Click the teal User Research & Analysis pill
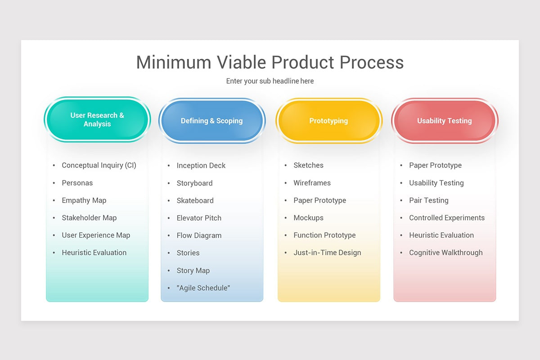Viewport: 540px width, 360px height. [x=97, y=120]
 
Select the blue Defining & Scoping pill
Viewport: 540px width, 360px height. [x=211, y=121]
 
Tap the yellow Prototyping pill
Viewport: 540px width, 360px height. [x=328, y=121]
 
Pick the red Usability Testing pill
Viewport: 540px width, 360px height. [x=444, y=121]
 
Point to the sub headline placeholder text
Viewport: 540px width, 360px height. [x=270, y=81]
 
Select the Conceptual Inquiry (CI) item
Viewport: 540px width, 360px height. [x=99, y=165]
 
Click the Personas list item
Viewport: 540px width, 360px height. [x=77, y=183]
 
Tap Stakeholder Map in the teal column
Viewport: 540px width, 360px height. [x=89, y=218]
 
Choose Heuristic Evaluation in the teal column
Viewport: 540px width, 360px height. [x=94, y=252]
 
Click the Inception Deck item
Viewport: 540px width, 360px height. [x=201, y=166]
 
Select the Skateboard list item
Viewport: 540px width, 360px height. [x=195, y=201]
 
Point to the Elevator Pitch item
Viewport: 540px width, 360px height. [x=199, y=218]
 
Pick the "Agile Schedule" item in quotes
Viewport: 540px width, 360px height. [x=203, y=288]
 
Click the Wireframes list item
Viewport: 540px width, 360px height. [x=312, y=183]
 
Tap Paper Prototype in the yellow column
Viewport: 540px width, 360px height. [x=320, y=200]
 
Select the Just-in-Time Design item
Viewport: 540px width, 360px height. [x=327, y=252]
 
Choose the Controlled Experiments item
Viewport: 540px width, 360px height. [x=447, y=218]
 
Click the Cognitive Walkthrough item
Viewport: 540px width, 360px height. [x=445, y=252]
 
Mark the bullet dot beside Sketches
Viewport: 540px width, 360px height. [x=286, y=166]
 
